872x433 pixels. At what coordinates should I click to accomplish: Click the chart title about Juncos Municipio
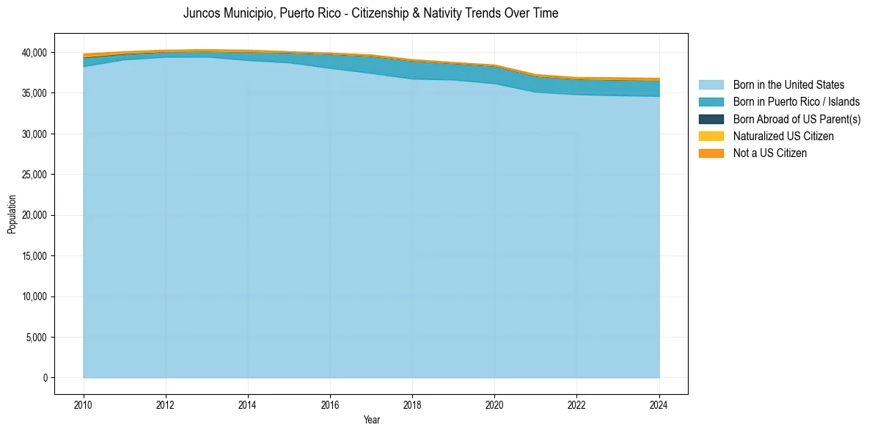pos(370,13)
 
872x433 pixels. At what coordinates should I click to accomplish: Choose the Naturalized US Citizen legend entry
pos(783,136)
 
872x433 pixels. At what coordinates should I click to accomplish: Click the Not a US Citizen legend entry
pos(769,153)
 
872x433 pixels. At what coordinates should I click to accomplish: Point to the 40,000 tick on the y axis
pos(34,53)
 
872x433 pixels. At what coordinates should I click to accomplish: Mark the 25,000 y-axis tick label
pos(34,175)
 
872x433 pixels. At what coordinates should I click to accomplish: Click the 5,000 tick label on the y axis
pos(36,338)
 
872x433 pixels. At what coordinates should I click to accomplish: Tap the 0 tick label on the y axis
pos(45,378)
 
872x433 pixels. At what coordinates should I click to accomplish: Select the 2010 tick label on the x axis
pos(84,404)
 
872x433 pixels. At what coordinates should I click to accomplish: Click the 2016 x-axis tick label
pos(330,404)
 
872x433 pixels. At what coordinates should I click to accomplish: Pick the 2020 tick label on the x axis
pos(494,404)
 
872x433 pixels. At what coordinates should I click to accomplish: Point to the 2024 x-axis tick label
pos(659,404)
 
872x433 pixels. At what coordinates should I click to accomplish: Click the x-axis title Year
pos(371,420)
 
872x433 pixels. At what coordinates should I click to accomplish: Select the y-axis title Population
pos(12,214)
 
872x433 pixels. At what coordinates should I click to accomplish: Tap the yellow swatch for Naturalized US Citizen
pos(711,136)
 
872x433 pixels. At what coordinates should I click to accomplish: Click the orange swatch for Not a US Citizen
pos(711,153)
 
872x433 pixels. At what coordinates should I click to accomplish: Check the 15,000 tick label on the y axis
pos(34,256)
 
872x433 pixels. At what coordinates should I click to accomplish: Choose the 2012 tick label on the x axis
pos(166,404)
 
